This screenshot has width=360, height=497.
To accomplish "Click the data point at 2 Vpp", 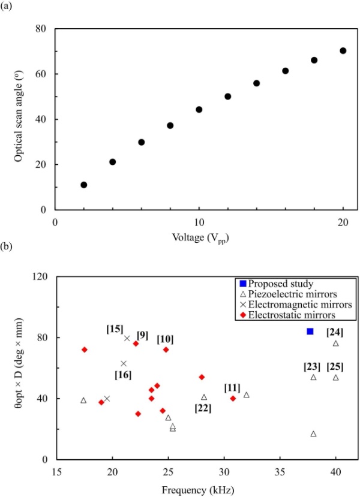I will point(84,185).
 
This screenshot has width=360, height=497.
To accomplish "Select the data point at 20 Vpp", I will point(343,50).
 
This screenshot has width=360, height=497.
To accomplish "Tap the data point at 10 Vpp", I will point(199,110).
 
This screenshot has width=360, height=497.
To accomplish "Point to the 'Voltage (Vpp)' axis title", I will point(199,237).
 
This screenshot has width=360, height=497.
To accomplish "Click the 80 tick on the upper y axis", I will point(41,29).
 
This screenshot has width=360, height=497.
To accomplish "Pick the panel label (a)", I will point(7,8).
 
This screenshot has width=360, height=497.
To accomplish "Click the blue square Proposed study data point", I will point(310,331).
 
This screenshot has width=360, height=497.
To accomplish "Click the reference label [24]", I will point(335,332).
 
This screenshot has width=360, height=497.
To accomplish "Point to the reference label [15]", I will point(115,329).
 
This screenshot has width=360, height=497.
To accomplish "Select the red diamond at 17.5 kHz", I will point(85,350).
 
